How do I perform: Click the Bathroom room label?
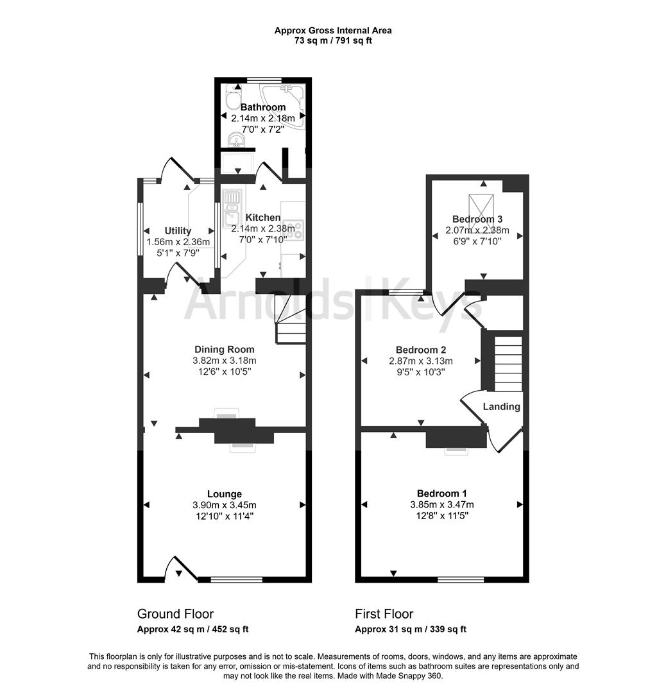(262, 107)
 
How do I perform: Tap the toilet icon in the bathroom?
(231, 96)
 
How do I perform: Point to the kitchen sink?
(230, 209)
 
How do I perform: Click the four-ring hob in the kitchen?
(295, 230)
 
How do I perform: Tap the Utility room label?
(178, 231)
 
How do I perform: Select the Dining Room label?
(225, 350)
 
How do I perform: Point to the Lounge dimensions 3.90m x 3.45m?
(225, 505)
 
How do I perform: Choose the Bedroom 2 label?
(421, 350)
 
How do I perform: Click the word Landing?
(501, 407)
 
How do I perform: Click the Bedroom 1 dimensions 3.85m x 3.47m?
(442, 504)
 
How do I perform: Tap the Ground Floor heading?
(175, 614)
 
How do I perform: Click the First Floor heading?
(384, 614)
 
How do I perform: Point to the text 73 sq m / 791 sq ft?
(333, 40)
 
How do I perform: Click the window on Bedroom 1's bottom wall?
(461, 579)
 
